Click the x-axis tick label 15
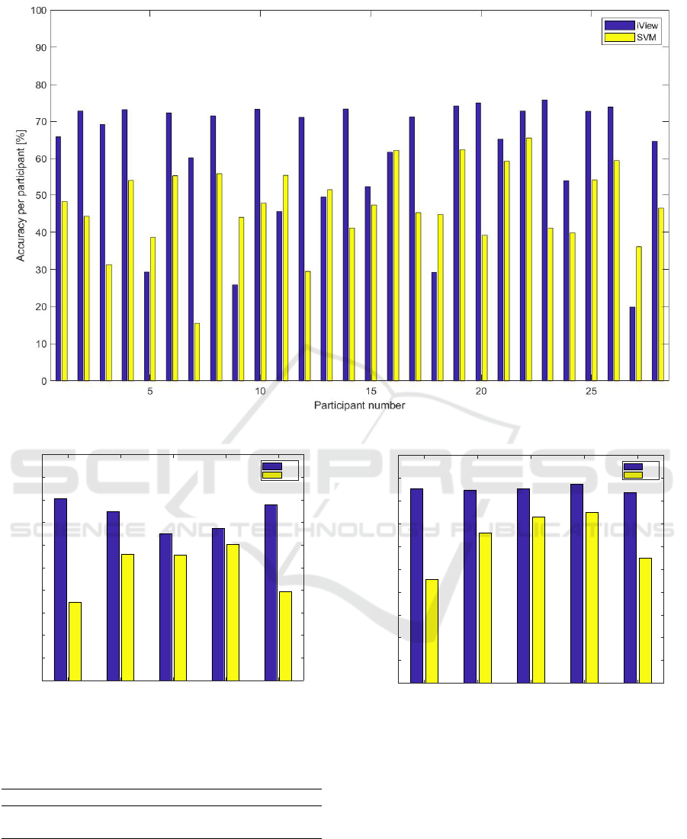(x=371, y=391)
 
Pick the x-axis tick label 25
(x=591, y=391)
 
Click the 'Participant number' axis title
(x=359, y=405)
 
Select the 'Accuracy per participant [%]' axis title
(x=22, y=195)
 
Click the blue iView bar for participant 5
(x=146, y=326)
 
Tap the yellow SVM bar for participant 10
(x=263, y=292)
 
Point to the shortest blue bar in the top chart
(x=633, y=344)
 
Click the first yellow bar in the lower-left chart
(x=75, y=641)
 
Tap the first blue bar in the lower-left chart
(x=60, y=589)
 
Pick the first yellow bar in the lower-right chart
(x=432, y=630)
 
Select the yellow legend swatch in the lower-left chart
(x=271, y=475)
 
